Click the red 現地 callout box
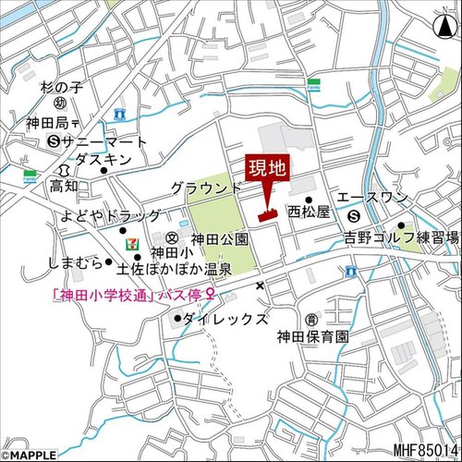coord(267,169)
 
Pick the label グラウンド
coord(205,188)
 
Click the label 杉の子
coord(61,89)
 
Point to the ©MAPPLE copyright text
coord(29,455)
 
